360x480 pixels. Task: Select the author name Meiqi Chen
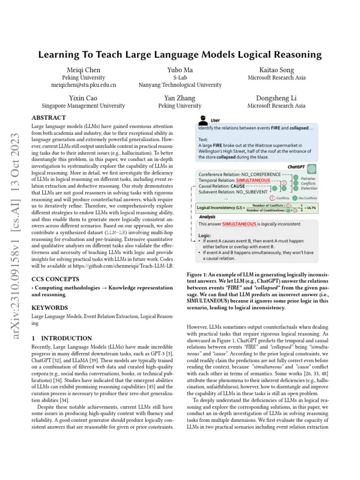83,70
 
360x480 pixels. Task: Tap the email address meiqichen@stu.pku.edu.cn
83,85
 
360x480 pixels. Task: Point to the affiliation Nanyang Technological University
180,85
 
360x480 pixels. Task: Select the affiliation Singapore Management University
83,106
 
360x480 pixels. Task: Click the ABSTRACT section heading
48,118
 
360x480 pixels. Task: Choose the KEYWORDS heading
49,308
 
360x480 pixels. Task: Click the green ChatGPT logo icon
312,168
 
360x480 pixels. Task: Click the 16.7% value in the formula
310,207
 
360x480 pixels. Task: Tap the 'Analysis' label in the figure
207,217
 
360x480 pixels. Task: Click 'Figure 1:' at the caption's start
200,275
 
